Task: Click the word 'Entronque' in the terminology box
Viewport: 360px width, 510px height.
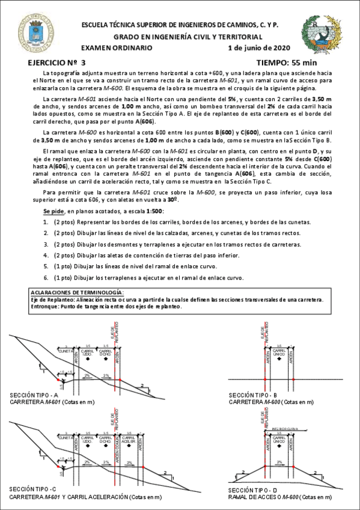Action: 43,306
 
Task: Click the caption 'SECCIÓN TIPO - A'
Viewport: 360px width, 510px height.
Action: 34,395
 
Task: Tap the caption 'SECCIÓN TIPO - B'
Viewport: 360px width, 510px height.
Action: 252,395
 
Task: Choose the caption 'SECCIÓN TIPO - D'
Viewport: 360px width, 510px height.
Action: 252,490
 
